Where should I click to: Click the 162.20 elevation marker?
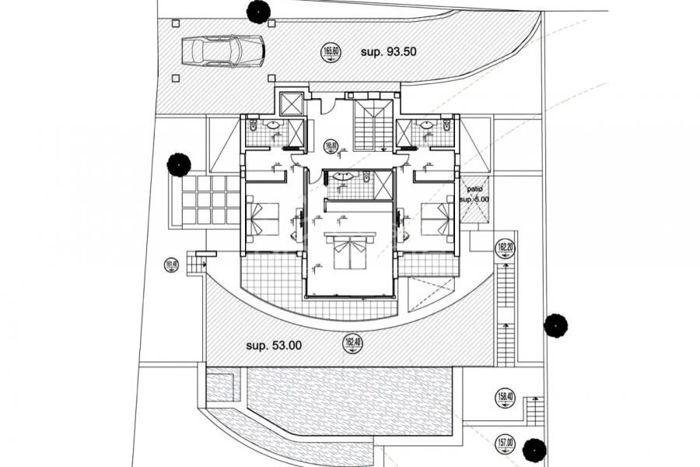[506, 249]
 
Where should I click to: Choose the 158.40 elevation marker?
[505, 399]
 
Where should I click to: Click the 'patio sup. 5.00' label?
[475, 193]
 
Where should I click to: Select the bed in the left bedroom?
[263, 217]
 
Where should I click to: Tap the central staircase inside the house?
[369, 125]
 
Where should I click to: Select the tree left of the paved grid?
[178, 164]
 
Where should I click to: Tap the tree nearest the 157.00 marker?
[533, 449]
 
